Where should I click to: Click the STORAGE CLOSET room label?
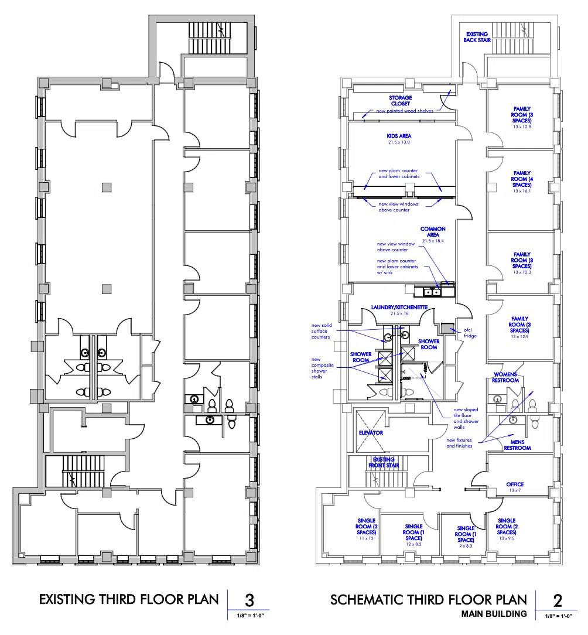pyautogui.click(x=400, y=100)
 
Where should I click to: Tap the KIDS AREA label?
pyautogui.click(x=399, y=136)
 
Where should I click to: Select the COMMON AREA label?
pyautogui.click(x=433, y=231)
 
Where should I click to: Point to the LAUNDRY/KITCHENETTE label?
pyautogui.click(x=399, y=308)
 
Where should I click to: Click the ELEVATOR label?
pyautogui.click(x=371, y=432)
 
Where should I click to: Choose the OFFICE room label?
pyautogui.click(x=515, y=484)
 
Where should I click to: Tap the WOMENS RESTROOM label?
pyautogui.click(x=505, y=377)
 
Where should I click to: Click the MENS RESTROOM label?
pyautogui.click(x=518, y=445)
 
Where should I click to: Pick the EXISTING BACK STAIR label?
pyautogui.click(x=477, y=37)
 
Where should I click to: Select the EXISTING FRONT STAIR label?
pyautogui.click(x=384, y=462)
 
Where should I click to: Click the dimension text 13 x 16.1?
pyautogui.click(x=522, y=191)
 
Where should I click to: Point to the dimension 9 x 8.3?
pyautogui.click(x=466, y=546)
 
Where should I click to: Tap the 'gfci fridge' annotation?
pyautogui.click(x=470, y=333)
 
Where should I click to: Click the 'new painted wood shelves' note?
pyautogui.click(x=405, y=111)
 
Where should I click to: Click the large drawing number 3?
pyautogui.click(x=249, y=600)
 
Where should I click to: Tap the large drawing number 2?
pyautogui.click(x=558, y=600)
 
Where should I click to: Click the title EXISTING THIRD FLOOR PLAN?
pyautogui.click(x=129, y=599)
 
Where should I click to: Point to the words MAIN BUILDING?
pyautogui.click(x=494, y=614)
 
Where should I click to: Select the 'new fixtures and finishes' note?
pyautogui.click(x=459, y=443)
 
